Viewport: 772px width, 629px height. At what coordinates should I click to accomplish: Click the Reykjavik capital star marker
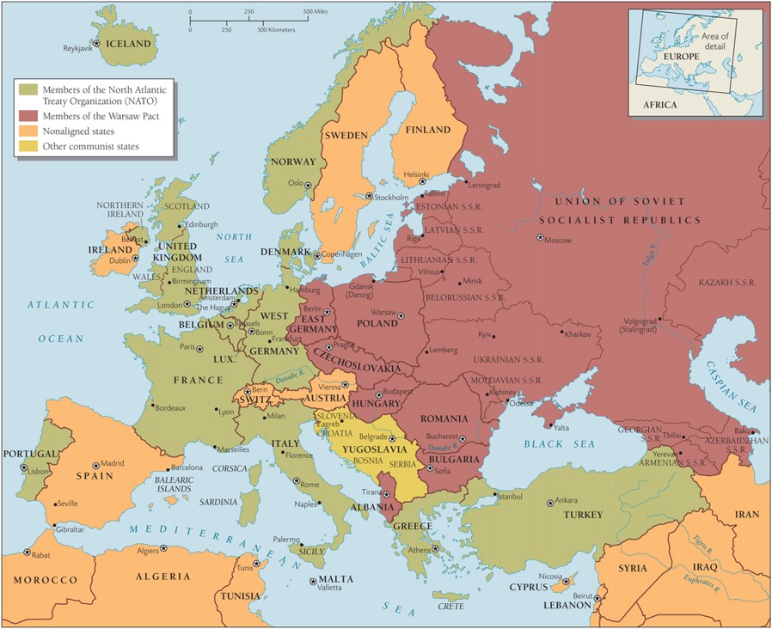[97, 43]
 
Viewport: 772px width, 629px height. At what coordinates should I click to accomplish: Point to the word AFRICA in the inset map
[659, 105]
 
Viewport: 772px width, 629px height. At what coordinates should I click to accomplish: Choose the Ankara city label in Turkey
[567, 500]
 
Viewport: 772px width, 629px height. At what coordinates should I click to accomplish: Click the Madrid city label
[113, 463]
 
